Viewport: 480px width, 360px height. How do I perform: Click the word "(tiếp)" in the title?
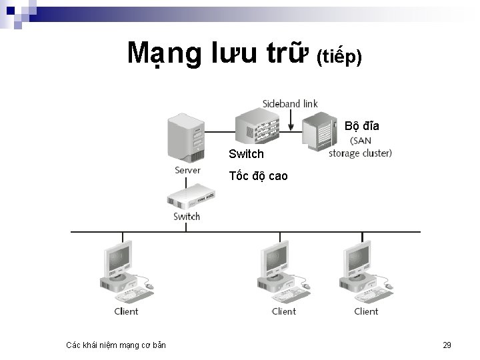coord(339,58)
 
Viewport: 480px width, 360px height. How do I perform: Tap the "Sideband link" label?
coord(290,103)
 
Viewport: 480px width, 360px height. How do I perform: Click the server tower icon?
coord(186,137)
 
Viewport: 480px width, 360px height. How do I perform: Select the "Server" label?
coord(187,170)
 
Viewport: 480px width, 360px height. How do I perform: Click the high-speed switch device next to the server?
coord(257,127)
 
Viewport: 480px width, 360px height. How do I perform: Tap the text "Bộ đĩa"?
coord(363,125)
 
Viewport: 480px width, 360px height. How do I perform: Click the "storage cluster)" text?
coord(361,153)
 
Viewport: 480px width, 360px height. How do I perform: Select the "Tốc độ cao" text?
coord(258,176)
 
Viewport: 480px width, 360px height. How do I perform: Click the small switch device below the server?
coord(187,198)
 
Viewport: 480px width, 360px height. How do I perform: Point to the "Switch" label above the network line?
coord(187,216)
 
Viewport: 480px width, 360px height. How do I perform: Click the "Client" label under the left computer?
coord(126,311)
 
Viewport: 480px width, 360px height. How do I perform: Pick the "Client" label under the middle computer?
coord(284,311)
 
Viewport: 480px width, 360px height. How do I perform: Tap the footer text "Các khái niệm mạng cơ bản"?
coord(116,345)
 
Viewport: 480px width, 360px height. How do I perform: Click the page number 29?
coord(447,345)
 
